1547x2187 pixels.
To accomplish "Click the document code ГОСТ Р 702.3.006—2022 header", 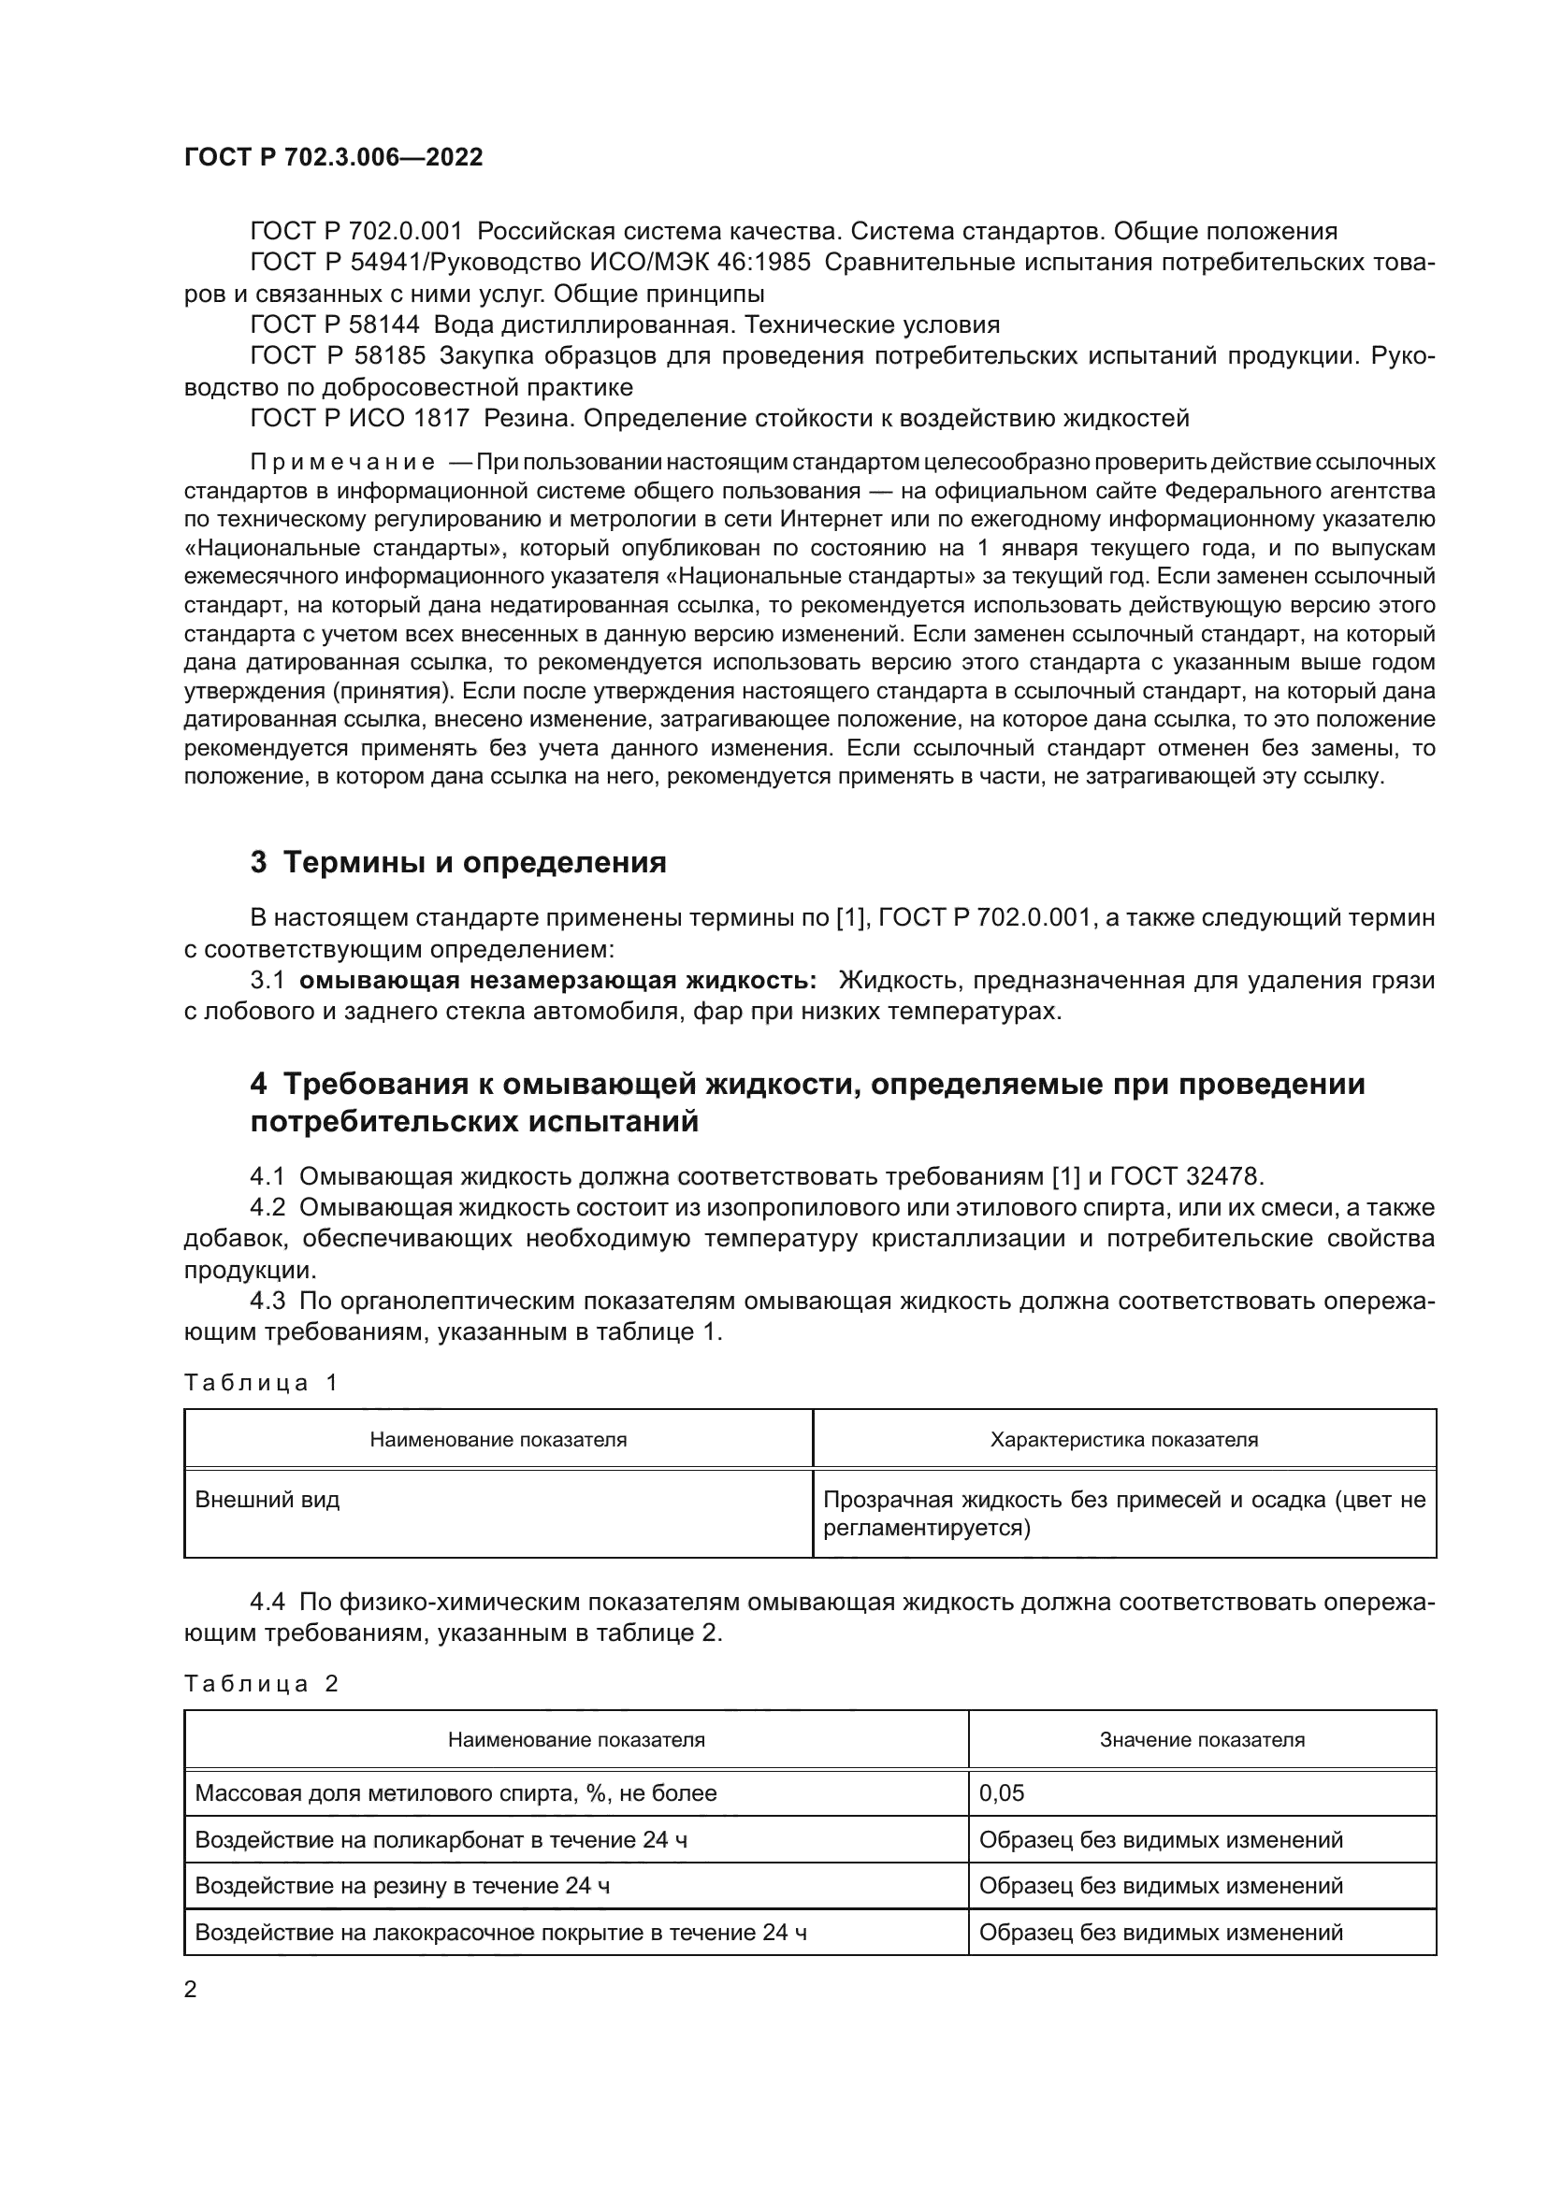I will point(333,157).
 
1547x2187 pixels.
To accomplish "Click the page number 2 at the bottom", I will point(191,1989).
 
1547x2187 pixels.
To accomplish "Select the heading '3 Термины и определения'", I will point(458,863).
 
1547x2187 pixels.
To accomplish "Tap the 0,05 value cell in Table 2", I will point(1001,1792).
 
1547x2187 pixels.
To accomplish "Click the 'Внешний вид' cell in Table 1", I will point(267,1499).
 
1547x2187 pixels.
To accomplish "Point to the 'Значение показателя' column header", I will point(1201,1739).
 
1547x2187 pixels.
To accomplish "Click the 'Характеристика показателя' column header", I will point(1124,1439).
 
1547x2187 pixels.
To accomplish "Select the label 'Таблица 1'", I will point(261,1382).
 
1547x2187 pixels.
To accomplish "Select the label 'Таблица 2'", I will point(261,1683).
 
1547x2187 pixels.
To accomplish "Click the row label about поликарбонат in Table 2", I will point(441,1839).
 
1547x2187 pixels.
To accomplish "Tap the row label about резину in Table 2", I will point(402,1885).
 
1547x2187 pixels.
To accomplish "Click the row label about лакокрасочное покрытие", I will point(501,1932).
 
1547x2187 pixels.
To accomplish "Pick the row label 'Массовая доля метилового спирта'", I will point(455,1792).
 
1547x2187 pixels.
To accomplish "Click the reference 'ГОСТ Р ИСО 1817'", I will point(360,418).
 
